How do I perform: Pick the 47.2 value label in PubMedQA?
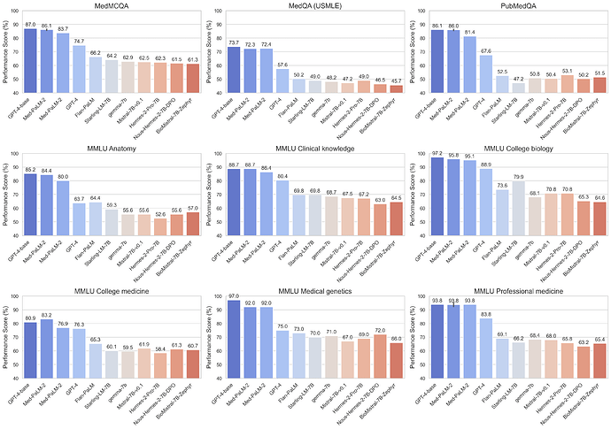point(519,79)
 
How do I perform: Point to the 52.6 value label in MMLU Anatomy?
point(159,214)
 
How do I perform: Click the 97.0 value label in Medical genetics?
point(234,295)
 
